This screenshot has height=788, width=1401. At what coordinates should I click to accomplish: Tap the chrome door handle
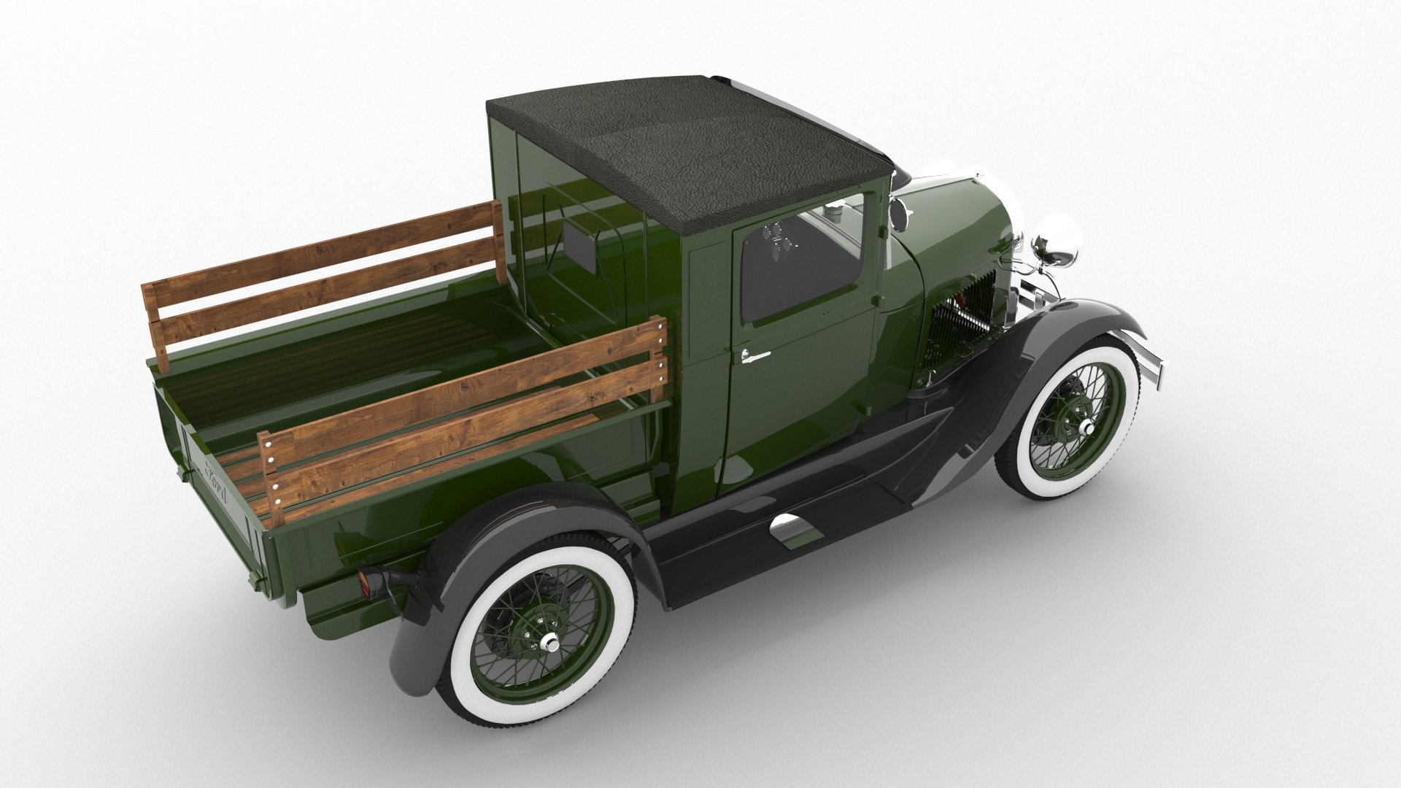tap(754, 355)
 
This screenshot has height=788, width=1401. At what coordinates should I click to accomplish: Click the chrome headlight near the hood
tap(1056, 243)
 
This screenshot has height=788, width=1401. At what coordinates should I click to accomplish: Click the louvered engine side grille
tap(952, 332)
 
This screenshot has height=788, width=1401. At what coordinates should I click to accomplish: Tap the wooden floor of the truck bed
tap(365, 365)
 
